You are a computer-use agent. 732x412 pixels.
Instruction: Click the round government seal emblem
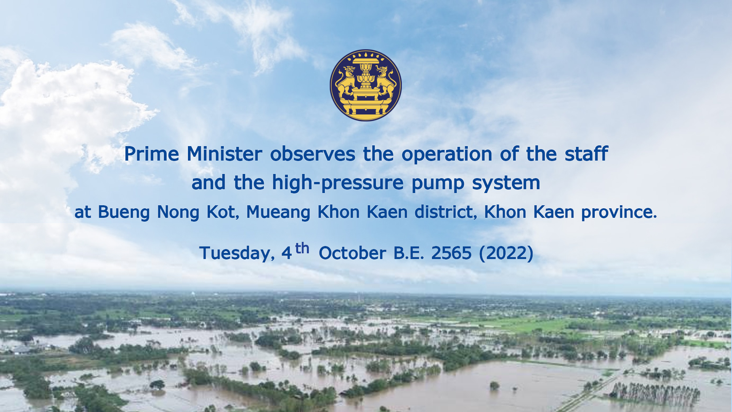366,85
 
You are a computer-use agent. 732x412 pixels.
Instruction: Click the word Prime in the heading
151,154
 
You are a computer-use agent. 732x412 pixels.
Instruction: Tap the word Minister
224,154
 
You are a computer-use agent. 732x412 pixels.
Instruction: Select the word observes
313,154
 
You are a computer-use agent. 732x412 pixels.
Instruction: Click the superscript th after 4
302,248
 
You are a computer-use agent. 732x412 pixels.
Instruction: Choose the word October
352,253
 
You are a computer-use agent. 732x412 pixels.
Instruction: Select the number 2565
451,253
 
